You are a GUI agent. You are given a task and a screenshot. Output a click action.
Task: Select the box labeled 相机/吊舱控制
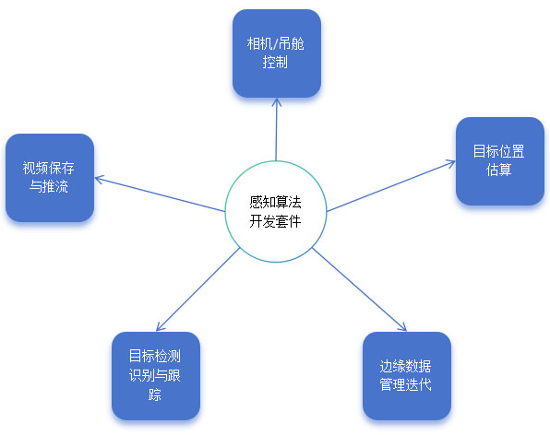(277, 53)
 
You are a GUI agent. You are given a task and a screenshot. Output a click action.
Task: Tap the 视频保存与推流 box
(50, 178)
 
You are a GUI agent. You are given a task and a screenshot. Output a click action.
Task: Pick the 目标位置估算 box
(500, 161)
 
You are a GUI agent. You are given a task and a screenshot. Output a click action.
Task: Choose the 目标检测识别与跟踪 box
(156, 375)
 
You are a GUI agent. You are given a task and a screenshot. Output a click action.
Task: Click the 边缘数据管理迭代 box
(407, 375)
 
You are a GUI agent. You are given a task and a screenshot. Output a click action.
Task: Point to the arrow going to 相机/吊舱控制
(277, 129)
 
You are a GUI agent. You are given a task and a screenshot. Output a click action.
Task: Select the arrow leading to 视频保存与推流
(160, 194)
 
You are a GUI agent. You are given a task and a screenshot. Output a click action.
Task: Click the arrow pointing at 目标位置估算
(390, 186)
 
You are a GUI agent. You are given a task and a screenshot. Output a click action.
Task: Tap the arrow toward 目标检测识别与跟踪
(197, 289)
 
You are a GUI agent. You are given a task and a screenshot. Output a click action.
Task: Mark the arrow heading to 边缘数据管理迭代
(359, 289)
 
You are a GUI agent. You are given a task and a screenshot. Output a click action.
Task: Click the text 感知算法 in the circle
(275, 202)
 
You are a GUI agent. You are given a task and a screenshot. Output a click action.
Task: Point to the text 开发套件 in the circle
(275, 221)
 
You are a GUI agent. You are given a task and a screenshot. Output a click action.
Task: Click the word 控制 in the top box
(275, 63)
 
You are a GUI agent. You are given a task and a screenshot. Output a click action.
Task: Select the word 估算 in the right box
(499, 170)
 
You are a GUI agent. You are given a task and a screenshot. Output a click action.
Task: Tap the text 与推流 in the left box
(48, 186)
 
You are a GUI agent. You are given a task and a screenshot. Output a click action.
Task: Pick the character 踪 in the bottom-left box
(155, 394)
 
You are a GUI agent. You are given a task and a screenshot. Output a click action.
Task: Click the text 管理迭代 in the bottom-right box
(405, 385)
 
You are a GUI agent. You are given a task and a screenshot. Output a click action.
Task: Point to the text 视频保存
(48, 168)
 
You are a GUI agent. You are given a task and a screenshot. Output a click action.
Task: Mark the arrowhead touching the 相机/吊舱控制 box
(277, 102)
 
